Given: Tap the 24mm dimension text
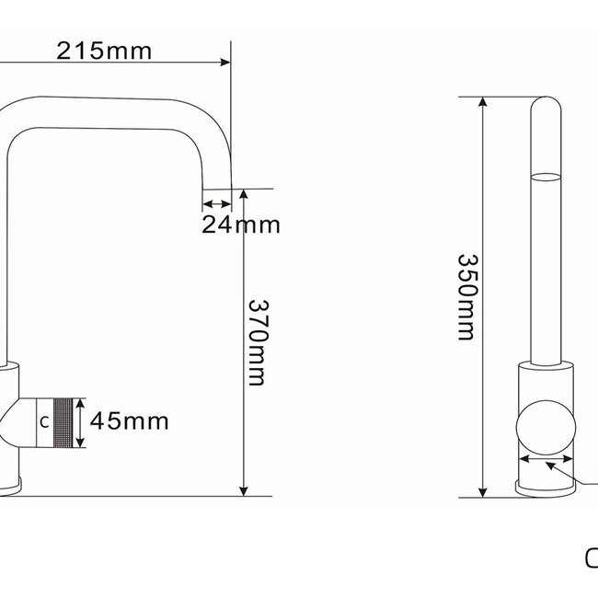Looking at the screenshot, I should [x=241, y=224].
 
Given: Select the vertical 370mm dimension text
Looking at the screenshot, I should [x=257, y=342].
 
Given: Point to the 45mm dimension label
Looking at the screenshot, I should [x=130, y=421].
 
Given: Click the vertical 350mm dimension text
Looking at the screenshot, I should [x=466, y=297].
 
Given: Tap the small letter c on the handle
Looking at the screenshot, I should [x=44, y=422].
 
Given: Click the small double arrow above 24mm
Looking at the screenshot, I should [x=216, y=205].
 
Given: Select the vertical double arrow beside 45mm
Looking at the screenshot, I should [x=85, y=422].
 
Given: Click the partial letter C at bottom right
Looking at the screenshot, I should [x=592, y=558].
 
